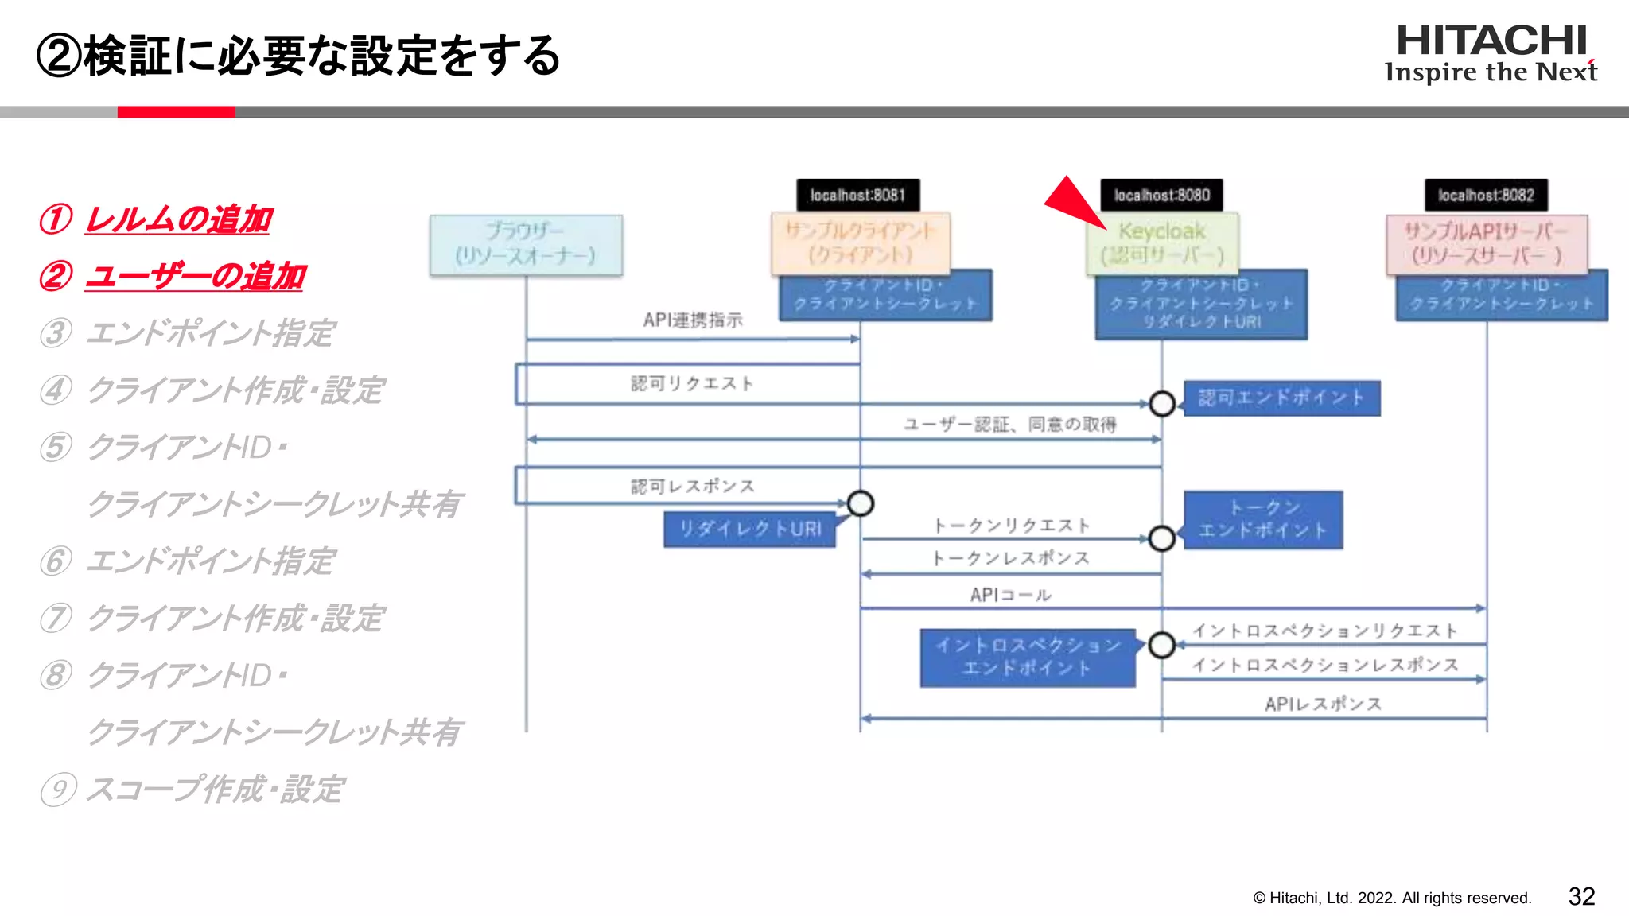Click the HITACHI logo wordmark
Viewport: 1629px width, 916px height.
[x=1491, y=41]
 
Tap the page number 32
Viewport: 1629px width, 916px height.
[x=1581, y=896]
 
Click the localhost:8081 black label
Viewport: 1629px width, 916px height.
[x=858, y=195]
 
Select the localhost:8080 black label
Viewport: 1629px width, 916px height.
[x=1161, y=195]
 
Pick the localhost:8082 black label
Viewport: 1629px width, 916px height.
[x=1486, y=195]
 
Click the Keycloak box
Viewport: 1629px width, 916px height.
[x=1162, y=243]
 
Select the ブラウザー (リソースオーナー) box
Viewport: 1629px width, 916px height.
[x=526, y=244]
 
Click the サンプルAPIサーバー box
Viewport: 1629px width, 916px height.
[x=1486, y=243]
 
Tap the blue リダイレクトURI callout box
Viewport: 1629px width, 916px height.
[x=749, y=529]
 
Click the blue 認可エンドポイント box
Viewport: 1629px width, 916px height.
[x=1281, y=398]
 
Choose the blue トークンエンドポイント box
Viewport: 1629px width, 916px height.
[x=1263, y=519]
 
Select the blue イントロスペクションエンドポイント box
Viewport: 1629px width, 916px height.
[x=1028, y=657]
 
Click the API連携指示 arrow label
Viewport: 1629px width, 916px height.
[x=693, y=320]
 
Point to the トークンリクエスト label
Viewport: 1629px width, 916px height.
[x=1011, y=526]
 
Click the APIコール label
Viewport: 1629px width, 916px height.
[x=1010, y=595]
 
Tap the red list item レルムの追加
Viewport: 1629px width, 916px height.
[x=178, y=219]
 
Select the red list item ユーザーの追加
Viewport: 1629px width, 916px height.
[x=195, y=276]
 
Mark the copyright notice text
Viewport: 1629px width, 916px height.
[x=1392, y=898]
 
